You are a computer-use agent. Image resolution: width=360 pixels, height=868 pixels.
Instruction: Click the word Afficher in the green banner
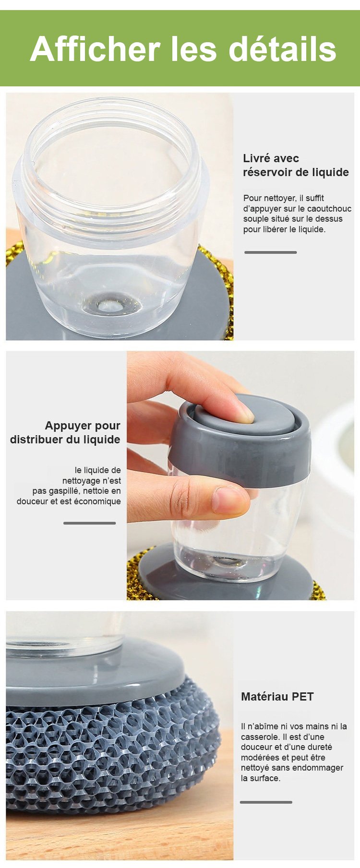(x=95, y=49)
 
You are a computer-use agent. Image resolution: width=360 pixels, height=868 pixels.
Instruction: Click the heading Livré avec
(x=271, y=158)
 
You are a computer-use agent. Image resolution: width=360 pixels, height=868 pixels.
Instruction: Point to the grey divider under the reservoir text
(x=271, y=252)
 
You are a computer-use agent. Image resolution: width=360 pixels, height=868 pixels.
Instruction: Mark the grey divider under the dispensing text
(x=90, y=523)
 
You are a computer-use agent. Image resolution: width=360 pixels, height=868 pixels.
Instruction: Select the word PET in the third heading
(x=302, y=697)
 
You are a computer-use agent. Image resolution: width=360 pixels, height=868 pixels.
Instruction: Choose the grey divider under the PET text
(x=266, y=802)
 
